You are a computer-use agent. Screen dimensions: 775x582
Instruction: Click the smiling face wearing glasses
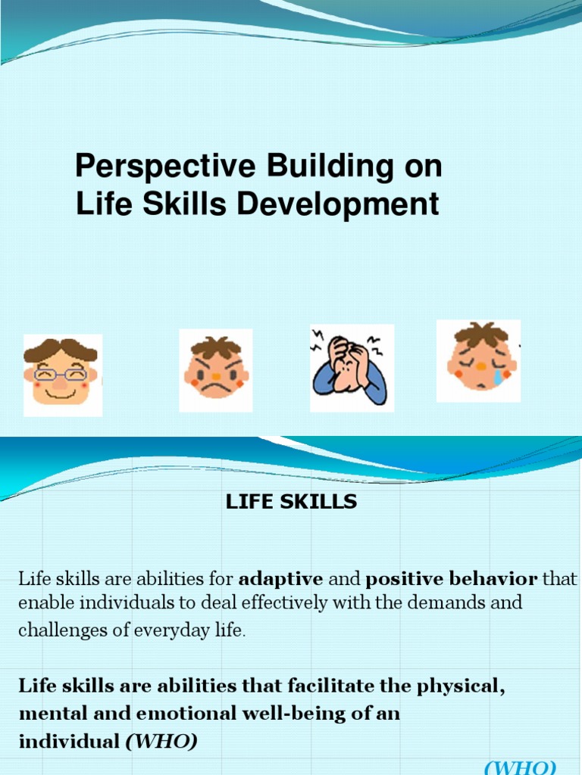61,374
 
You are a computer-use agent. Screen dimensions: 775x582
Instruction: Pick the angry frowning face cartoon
216,371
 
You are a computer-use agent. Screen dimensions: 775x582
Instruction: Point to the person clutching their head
349,368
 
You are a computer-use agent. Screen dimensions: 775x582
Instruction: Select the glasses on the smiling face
61,374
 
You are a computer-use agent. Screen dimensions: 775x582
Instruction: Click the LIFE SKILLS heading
291,503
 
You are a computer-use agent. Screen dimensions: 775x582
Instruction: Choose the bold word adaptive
280,580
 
